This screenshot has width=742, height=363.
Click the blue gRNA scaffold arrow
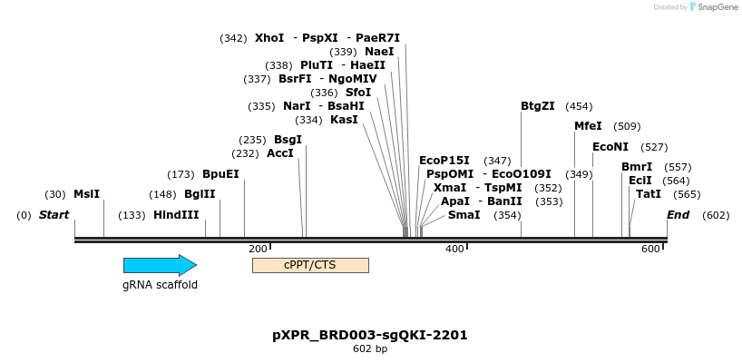click(x=160, y=265)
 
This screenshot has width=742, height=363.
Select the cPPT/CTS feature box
click(x=310, y=265)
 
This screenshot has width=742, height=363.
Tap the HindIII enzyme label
click(x=176, y=215)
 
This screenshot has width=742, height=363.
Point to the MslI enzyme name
click(x=86, y=194)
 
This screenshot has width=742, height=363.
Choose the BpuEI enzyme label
click(x=221, y=173)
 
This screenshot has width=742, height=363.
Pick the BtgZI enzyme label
click(x=538, y=106)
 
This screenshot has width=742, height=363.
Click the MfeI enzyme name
click(x=588, y=126)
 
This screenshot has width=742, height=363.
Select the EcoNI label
click(x=610, y=147)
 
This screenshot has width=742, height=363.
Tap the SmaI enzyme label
click(x=464, y=215)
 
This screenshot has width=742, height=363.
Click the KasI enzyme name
click(x=344, y=120)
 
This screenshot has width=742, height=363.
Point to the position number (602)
click(x=716, y=215)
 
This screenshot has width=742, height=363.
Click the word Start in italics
click(x=54, y=215)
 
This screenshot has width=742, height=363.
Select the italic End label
click(x=679, y=215)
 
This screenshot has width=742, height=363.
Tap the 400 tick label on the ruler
click(x=454, y=249)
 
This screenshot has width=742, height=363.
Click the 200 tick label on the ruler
click(x=258, y=249)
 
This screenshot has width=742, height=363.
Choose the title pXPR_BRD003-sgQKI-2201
click(x=370, y=335)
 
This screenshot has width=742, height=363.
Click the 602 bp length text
click(x=370, y=348)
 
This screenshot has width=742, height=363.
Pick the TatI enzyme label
click(x=649, y=194)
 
